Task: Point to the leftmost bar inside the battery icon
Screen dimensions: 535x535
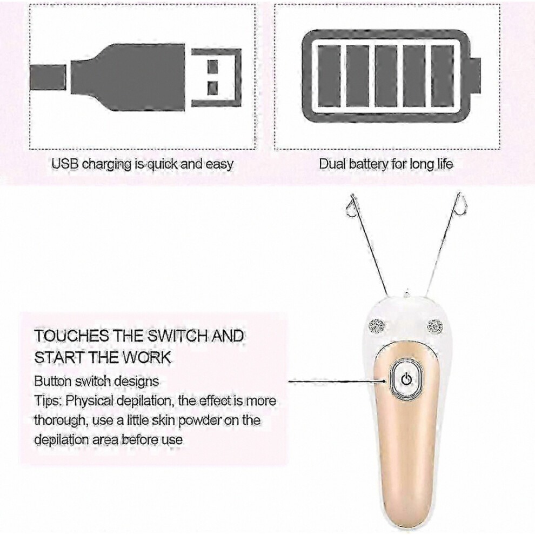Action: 329,76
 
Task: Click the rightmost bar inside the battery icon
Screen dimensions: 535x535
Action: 443,76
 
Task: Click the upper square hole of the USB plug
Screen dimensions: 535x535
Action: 212,67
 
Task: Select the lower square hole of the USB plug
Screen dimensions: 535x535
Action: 212,89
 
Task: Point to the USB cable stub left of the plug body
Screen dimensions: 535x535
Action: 48,77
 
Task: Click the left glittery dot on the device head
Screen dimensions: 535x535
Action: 376,326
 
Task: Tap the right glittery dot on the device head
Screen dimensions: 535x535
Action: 434,326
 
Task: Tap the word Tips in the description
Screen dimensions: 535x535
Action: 48,401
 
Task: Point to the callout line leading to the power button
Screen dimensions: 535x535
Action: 337,381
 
